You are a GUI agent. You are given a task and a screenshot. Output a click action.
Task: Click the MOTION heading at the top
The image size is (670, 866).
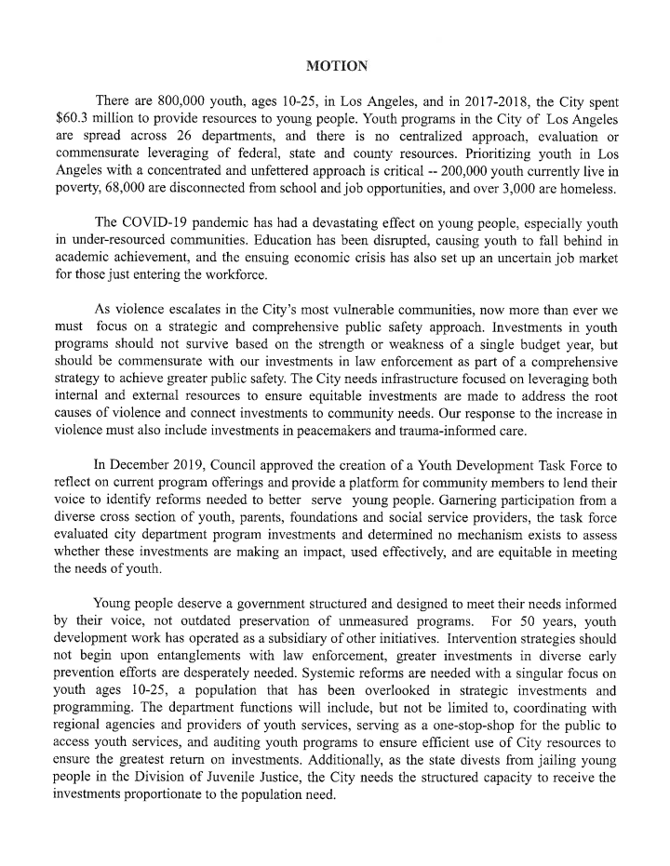pos(336,65)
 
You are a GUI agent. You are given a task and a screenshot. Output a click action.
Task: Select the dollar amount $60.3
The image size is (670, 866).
pos(75,118)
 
